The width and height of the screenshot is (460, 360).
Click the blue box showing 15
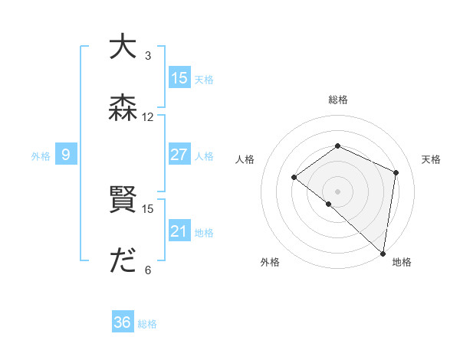click(x=179, y=77)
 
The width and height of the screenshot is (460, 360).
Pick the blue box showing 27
click(x=179, y=155)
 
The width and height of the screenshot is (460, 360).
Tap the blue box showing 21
click(x=179, y=231)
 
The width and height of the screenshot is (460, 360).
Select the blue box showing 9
click(x=66, y=155)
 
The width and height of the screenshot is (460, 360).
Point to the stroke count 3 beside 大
click(x=148, y=56)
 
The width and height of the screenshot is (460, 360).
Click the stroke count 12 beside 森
click(x=148, y=117)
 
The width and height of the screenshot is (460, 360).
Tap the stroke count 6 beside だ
click(x=148, y=270)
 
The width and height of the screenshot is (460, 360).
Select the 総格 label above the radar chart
click(x=338, y=100)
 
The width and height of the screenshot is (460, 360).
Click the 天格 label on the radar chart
click(x=431, y=159)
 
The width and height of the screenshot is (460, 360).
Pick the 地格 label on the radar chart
click(x=402, y=263)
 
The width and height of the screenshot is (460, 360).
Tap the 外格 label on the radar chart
click(x=270, y=263)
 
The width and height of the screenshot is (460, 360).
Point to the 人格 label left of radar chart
click(x=245, y=159)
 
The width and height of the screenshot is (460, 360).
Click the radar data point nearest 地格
click(x=383, y=254)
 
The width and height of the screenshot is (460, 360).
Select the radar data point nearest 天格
click(x=396, y=172)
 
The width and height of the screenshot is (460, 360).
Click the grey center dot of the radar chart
click(x=337, y=191)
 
